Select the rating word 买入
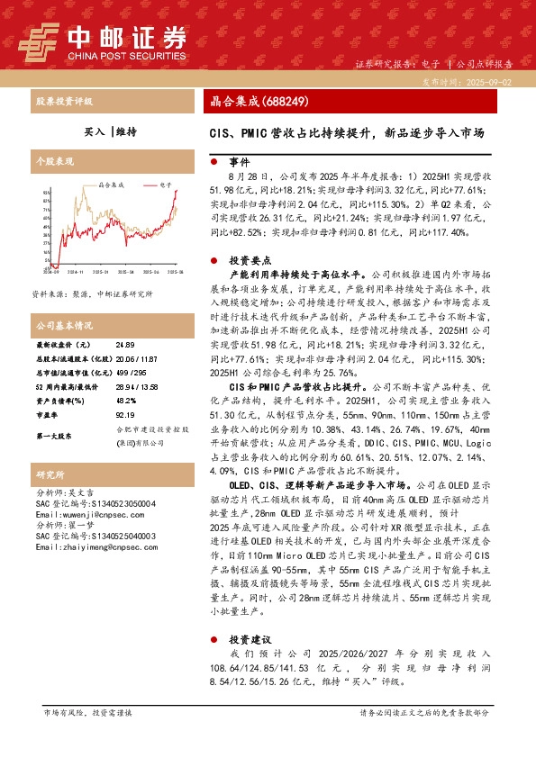click(x=93, y=131)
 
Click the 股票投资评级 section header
click(x=62, y=101)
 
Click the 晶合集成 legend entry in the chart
click(x=110, y=183)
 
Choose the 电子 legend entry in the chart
click(x=166, y=183)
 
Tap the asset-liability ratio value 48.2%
click(x=126, y=401)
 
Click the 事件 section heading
click(x=239, y=163)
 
